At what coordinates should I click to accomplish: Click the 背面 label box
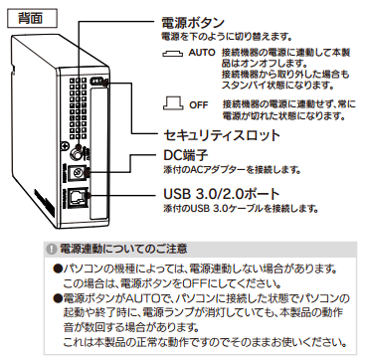[x=32, y=18]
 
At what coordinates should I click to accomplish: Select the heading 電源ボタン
[x=193, y=23]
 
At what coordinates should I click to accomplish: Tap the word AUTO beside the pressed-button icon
[x=202, y=53]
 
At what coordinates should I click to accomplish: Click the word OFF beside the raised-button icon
[x=199, y=105]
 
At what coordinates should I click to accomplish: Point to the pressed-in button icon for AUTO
[x=172, y=54]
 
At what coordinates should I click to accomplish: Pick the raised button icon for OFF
[x=173, y=102]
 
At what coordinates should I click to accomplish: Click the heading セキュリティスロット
[x=222, y=135]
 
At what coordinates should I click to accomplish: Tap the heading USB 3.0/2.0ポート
[x=222, y=194]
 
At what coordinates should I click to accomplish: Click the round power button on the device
[x=78, y=153]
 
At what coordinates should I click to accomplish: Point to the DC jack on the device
[x=78, y=173]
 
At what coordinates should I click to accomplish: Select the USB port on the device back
[x=79, y=198]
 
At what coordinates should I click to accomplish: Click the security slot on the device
[x=97, y=82]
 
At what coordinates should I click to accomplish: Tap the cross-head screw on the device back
[x=65, y=146]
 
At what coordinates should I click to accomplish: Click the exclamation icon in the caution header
[x=52, y=250]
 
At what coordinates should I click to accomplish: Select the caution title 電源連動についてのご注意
[x=122, y=249]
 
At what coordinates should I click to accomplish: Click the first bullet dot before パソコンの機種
[x=57, y=268]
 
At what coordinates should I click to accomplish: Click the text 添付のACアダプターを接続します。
[x=232, y=170]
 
